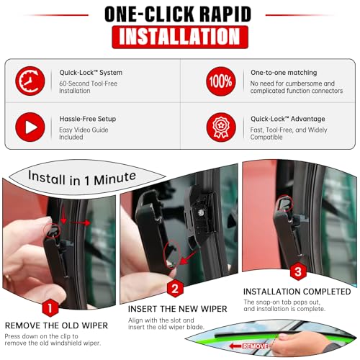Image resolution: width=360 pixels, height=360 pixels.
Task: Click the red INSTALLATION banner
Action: (180, 37)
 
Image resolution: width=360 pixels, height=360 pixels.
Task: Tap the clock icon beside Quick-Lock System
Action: (30, 81)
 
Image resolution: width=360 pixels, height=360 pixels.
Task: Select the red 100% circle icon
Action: (221, 81)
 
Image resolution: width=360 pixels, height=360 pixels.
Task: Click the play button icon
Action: (30, 127)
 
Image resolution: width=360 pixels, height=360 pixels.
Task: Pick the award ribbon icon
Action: (221, 127)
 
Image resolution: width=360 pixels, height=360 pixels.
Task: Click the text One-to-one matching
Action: (284, 73)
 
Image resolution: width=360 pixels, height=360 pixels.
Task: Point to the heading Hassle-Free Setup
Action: (88, 119)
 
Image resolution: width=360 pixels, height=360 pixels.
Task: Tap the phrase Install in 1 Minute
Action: (82, 179)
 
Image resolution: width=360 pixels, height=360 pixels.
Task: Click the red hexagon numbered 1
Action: (50, 308)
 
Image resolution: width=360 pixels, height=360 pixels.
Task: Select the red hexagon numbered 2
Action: (175, 288)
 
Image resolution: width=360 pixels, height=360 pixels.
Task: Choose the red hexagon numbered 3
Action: (298, 271)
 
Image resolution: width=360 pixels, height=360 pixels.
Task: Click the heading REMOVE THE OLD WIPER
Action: (56, 325)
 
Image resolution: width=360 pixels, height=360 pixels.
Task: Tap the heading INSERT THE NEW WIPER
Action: (177, 309)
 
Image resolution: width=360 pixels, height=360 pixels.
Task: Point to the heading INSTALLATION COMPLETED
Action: (297, 292)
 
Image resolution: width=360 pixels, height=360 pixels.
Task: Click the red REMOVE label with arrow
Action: (249, 346)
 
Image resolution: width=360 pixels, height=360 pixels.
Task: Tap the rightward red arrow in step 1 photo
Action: (79, 222)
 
